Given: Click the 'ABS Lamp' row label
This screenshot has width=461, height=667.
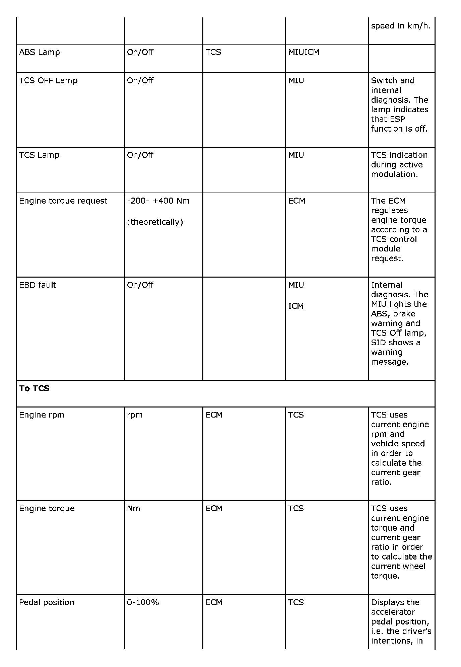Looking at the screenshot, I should click(40, 52).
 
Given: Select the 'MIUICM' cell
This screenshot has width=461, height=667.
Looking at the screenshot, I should click(304, 52).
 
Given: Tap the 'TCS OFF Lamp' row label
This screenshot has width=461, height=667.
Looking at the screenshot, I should click(48, 81).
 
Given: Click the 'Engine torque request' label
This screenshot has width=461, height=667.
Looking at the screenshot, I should click(63, 201).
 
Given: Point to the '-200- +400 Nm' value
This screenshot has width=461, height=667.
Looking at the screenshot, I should click(158, 201).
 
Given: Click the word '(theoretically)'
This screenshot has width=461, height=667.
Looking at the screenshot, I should click(155, 222).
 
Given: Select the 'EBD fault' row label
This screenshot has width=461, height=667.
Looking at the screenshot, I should click(38, 285).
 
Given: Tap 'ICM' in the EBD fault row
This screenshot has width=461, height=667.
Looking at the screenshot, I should click(296, 306).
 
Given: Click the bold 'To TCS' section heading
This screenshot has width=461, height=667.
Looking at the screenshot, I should click(34, 388).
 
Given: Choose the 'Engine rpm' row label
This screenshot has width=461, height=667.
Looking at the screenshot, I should click(42, 415).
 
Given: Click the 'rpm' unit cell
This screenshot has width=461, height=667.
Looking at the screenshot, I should click(135, 415).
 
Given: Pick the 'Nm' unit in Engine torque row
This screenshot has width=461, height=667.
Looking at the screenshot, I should click(133, 509).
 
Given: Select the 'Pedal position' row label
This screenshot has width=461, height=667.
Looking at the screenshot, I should click(47, 602).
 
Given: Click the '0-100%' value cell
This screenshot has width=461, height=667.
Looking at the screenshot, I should click(143, 602).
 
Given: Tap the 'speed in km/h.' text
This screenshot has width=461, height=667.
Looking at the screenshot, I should click(401, 26).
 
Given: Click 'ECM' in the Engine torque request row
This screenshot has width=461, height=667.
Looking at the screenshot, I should click(297, 201).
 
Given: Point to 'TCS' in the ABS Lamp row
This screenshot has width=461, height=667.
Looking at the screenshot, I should click(213, 52).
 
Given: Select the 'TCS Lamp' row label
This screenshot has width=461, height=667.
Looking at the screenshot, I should click(39, 155).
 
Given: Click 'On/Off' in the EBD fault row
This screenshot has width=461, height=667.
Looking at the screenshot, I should click(140, 285).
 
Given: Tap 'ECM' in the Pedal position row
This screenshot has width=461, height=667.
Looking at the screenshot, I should click(214, 602).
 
